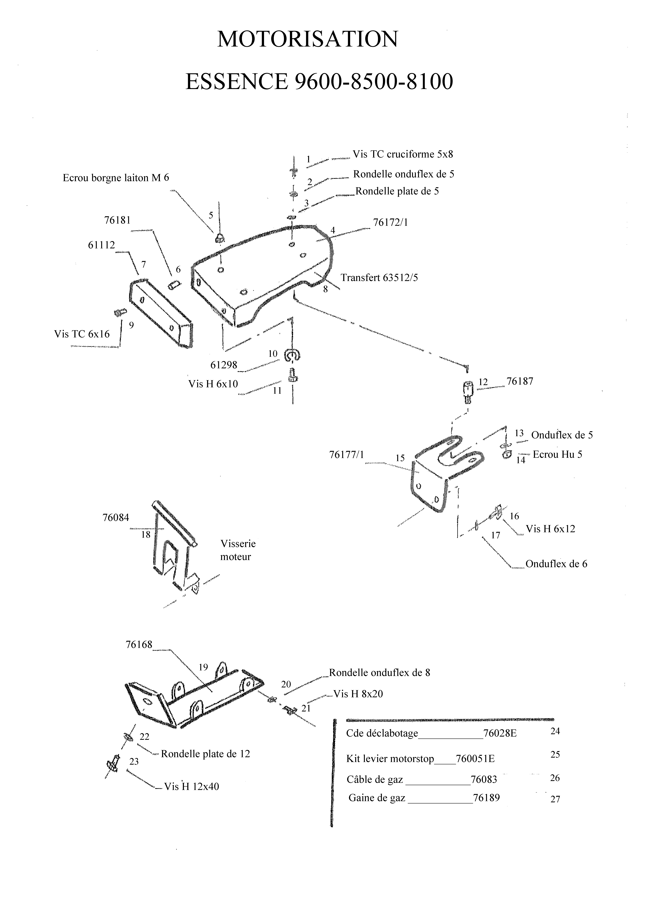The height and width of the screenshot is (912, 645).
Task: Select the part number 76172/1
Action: (391, 222)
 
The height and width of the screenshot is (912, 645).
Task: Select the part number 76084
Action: (116, 518)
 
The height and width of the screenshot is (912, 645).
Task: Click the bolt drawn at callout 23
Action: (113, 763)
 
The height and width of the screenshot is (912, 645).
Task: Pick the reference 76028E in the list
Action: (500, 733)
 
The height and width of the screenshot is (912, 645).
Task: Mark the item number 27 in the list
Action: (555, 799)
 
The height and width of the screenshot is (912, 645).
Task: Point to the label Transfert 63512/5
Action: (380, 277)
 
